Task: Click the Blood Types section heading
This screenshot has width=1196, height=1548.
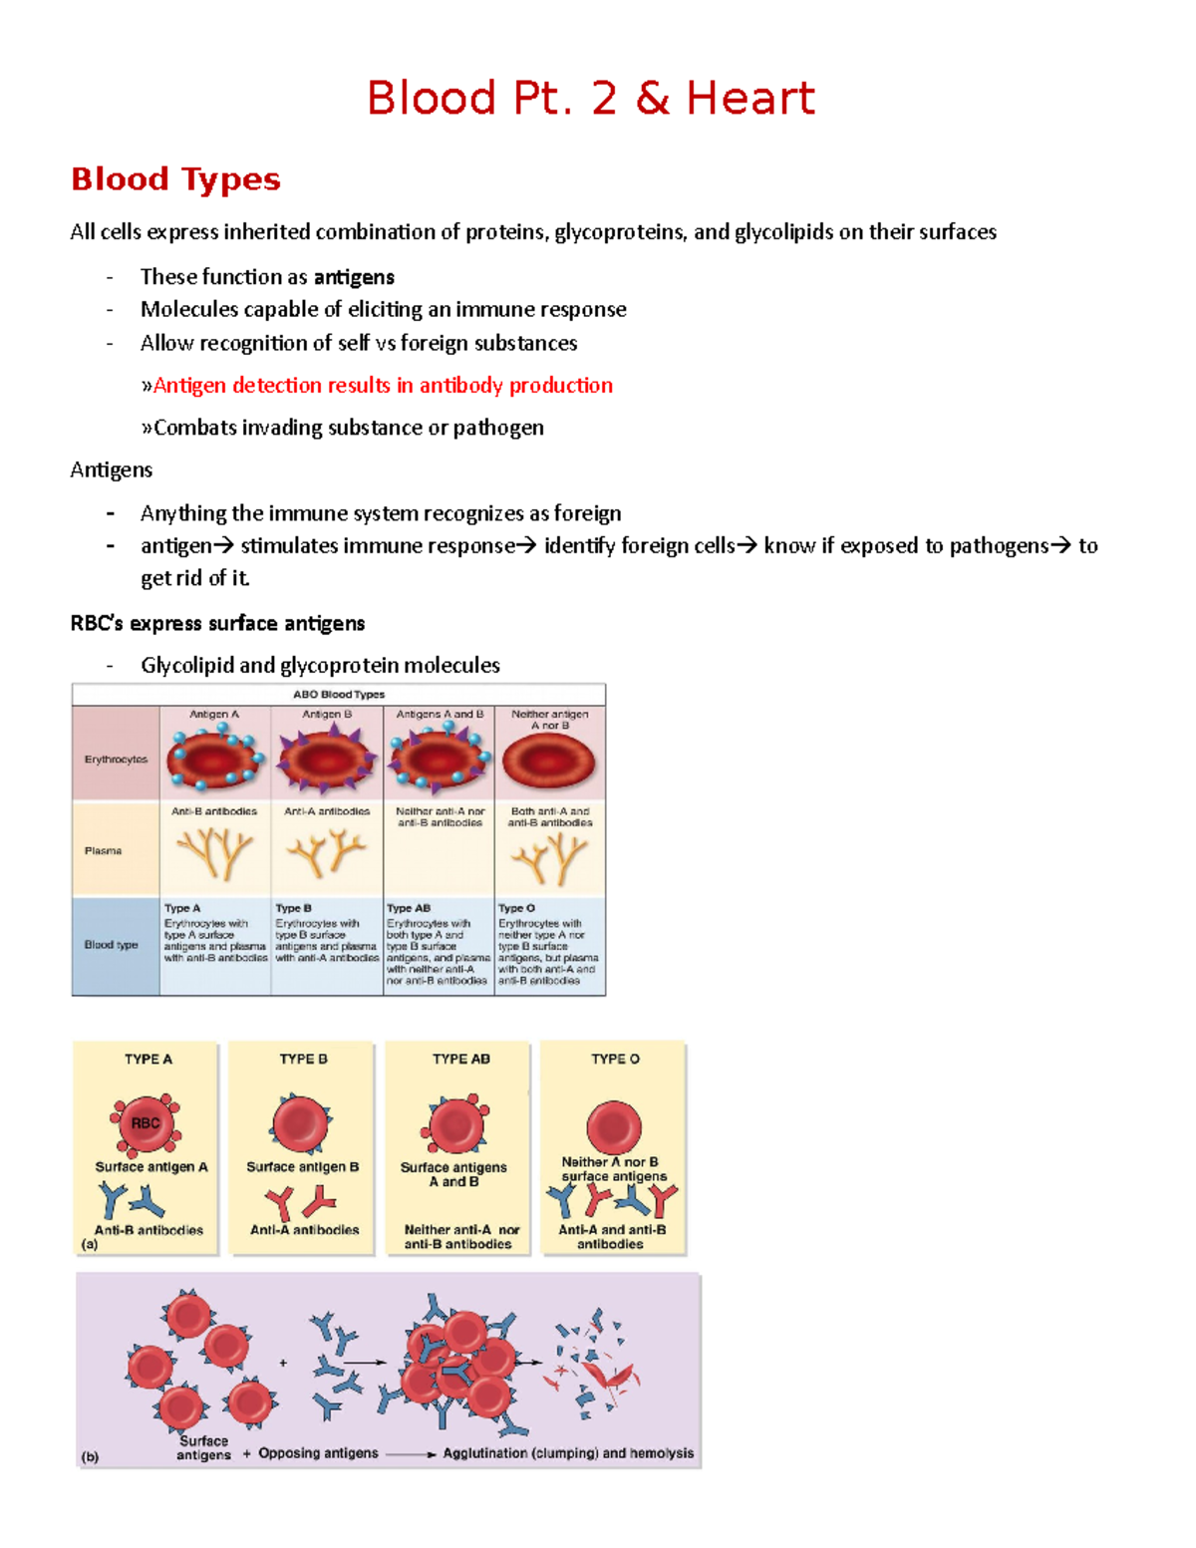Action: [x=175, y=179]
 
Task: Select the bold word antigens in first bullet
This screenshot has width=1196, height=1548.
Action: [x=354, y=277]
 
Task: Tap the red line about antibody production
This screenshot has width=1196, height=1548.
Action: [x=382, y=386]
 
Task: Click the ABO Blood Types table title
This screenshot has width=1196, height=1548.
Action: [x=339, y=694]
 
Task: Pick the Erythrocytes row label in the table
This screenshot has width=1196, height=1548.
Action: [x=116, y=760]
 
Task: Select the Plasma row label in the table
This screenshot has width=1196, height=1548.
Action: [x=104, y=851]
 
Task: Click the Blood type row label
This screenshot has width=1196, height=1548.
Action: [x=112, y=945]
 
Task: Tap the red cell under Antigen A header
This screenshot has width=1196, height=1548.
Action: [x=214, y=761]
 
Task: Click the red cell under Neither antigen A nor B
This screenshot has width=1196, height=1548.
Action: [x=548, y=764]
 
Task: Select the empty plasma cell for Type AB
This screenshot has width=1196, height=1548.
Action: [x=439, y=862]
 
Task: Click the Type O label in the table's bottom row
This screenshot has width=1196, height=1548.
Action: [x=516, y=908]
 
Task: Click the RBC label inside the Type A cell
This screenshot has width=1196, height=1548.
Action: [x=146, y=1123]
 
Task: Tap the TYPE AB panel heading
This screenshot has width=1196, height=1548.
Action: [x=460, y=1059]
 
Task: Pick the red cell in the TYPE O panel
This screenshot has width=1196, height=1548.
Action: [x=614, y=1127]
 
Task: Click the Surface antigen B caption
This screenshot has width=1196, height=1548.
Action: [x=303, y=1167]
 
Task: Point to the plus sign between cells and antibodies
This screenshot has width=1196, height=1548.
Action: [x=284, y=1363]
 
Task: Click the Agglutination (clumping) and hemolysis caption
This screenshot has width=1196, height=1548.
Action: [x=568, y=1453]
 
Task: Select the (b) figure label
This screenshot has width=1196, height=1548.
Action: [x=91, y=1456]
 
